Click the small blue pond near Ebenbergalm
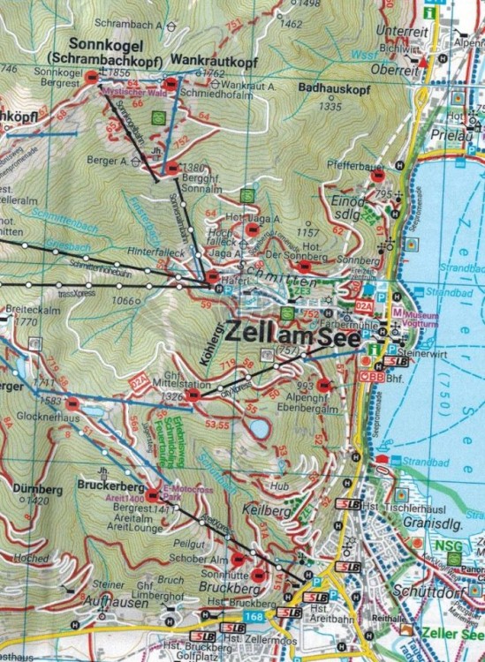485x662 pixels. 259,429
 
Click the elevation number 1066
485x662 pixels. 123,301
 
